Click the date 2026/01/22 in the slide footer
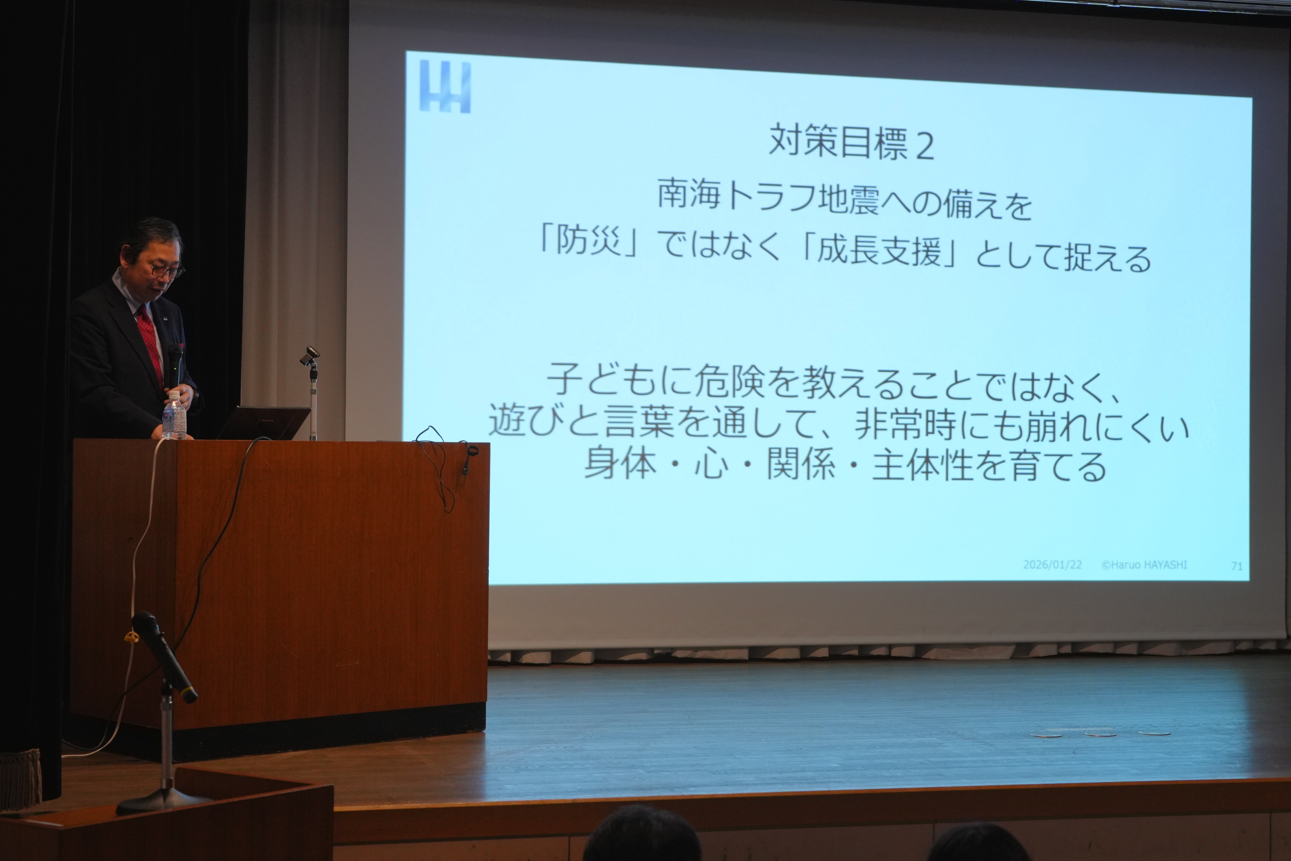point(1052,564)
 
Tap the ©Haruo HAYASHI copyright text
point(1145,565)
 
